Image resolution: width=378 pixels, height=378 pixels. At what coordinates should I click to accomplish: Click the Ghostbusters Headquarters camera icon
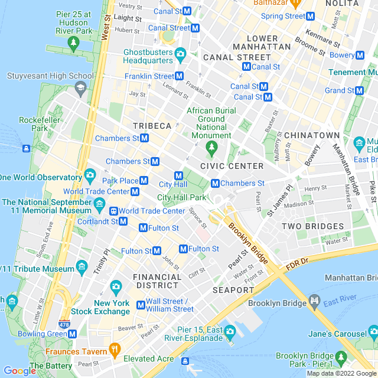click(180, 55)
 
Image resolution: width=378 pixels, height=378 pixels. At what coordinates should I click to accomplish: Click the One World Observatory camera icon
click(90, 175)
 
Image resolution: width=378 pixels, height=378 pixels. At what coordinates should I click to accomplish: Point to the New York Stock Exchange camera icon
click(116, 287)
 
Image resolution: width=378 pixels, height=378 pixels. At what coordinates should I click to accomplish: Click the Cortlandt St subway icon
click(123, 221)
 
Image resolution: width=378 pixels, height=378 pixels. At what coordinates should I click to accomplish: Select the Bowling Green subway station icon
click(73, 334)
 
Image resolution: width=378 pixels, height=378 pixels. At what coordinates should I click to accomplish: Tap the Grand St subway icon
click(359, 90)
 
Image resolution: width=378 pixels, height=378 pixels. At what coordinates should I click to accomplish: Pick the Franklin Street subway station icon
click(180, 76)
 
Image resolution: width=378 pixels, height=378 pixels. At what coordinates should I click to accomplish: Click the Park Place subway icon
click(144, 181)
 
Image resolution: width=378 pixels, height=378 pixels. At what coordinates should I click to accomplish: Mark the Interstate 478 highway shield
click(63, 324)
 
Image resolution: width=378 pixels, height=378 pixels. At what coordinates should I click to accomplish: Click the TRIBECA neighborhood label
click(152, 126)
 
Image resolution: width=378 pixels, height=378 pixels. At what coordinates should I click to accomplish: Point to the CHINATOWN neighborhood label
click(312, 135)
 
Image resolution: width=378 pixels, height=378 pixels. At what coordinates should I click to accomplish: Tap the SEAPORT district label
click(233, 290)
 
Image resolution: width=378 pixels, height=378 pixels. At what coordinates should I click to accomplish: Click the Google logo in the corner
click(19, 371)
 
